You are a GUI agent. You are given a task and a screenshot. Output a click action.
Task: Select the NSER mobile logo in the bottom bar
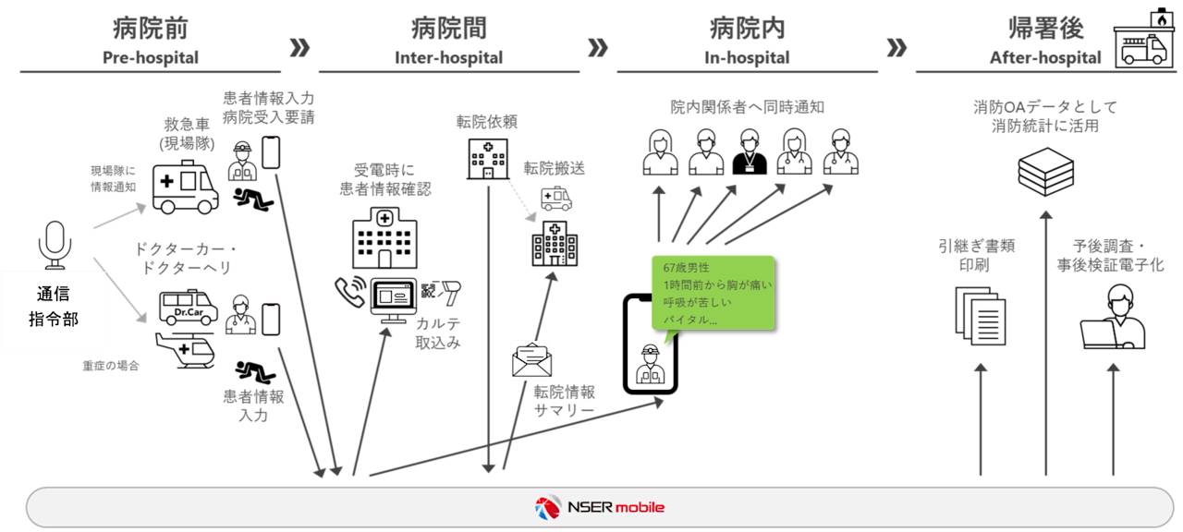(599, 507)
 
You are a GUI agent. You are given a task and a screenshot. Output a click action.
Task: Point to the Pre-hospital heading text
(150, 57)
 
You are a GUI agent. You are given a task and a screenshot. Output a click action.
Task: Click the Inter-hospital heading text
(449, 57)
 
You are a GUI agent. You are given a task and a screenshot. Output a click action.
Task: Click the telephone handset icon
(350, 293)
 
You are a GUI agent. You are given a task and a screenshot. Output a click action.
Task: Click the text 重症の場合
(111, 366)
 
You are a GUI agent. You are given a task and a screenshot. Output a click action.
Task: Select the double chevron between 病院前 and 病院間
(299, 48)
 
